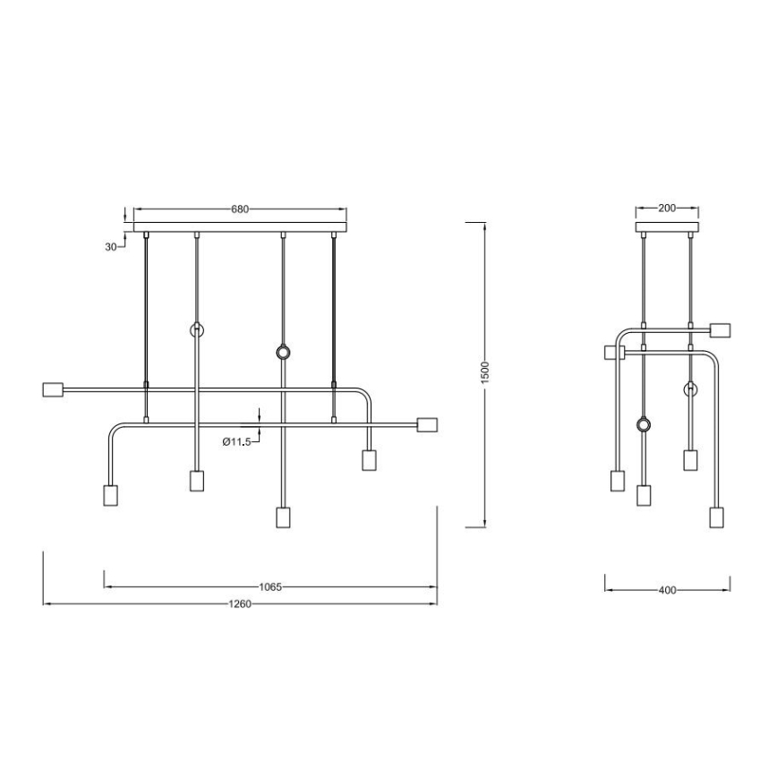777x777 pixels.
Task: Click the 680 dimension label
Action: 239,209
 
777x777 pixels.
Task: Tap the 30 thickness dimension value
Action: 111,247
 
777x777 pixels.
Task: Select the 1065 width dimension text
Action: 270,587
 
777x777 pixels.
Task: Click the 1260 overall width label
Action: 239,604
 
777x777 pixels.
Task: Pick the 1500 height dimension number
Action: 483,372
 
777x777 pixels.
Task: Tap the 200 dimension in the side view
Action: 666,209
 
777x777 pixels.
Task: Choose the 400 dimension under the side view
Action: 667,590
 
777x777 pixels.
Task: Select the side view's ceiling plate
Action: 666,226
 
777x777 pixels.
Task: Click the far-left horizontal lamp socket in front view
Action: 54,389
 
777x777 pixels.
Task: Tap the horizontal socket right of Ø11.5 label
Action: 426,424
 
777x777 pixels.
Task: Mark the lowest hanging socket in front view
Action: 283,518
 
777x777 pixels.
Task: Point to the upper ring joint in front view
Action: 197,330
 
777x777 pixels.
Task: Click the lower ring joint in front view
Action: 283,354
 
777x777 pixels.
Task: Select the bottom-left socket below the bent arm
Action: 111,496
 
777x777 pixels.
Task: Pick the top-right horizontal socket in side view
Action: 722,329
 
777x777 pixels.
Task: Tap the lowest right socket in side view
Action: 715,517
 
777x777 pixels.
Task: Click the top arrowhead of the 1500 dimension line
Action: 483,224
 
